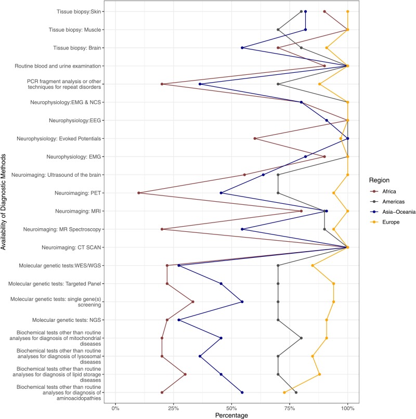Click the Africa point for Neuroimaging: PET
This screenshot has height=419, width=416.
pos(139,193)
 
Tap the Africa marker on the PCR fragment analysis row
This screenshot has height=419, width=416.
pos(162,84)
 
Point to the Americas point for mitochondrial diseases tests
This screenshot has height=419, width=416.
pos(301,338)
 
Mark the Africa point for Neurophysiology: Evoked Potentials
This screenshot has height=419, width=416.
pos(255,138)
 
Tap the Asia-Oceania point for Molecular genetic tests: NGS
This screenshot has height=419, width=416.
pos(179,320)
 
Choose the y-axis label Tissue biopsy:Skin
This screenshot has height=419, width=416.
pos(79,11)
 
